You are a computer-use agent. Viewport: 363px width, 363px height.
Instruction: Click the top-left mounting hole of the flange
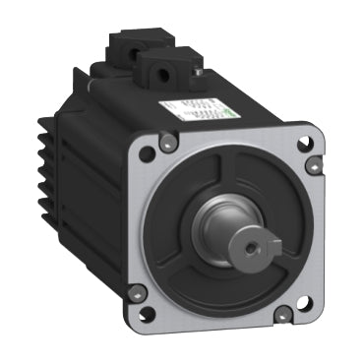tap(146, 152)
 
